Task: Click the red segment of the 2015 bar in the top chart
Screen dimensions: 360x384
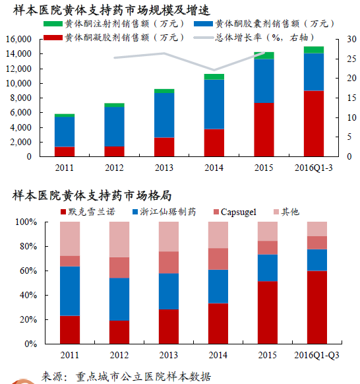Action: click(264, 129)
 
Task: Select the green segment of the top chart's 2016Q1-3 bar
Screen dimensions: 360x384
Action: click(314, 49)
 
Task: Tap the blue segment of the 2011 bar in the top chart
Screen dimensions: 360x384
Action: click(65, 132)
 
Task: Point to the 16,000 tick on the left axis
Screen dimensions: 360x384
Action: click(19, 39)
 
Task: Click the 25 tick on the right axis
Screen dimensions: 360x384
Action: click(351, 59)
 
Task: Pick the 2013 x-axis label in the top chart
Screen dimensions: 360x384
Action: click(164, 168)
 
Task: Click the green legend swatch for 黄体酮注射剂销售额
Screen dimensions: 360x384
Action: click(53, 24)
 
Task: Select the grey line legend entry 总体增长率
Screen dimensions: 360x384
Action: click(253, 38)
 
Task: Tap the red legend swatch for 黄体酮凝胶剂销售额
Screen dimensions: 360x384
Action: click(53, 38)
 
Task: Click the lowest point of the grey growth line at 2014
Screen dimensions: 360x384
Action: click(214, 70)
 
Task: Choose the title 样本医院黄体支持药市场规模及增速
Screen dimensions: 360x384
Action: click(111, 11)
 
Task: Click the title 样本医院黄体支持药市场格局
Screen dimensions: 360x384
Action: click(92, 195)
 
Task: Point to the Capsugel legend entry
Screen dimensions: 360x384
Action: click(235, 212)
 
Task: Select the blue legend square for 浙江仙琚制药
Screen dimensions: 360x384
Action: click(135, 212)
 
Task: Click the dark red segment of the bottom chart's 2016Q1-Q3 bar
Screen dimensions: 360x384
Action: click(317, 307)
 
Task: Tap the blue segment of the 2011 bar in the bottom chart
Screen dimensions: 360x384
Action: click(70, 291)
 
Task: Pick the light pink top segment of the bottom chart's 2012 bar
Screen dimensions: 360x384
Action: click(119, 240)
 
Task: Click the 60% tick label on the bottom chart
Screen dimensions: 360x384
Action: click(28, 271)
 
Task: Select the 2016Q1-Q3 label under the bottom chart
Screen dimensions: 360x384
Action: click(316, 355)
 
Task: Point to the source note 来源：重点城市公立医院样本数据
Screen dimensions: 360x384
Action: click(126, 376)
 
